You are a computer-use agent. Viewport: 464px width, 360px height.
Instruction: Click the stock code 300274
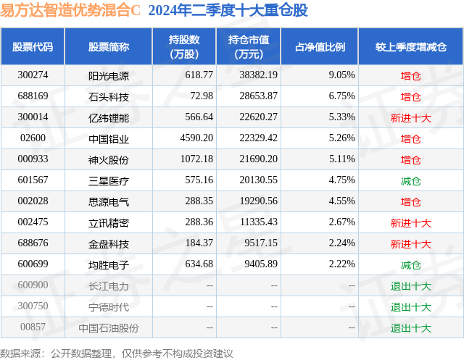point(33,75)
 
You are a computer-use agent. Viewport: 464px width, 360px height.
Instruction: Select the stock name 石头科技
point(109,97)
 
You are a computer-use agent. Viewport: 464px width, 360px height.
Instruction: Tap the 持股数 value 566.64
point(199,117)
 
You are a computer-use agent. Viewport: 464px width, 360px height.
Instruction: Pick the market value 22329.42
point(258,138)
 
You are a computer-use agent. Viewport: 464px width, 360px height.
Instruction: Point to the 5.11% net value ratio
point(341,159)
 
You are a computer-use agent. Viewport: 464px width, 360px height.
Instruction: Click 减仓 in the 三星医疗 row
point(411,181)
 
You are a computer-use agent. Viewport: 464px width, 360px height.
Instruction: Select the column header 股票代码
point(33,46)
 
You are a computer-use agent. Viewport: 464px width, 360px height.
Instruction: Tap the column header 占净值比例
point(320,46)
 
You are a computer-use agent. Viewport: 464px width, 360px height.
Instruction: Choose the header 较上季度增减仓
point(411,46)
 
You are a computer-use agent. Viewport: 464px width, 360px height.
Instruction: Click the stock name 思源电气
point(109,202)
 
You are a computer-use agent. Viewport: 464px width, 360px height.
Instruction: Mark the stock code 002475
point(33,222)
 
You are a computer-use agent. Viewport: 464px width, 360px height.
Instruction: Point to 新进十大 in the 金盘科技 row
point(411,244)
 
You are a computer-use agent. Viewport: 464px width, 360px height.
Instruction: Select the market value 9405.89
point(261,264)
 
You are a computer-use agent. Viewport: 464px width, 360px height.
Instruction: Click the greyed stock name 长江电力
point(109,286)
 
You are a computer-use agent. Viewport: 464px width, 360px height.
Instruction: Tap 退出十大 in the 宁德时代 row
point(411,307)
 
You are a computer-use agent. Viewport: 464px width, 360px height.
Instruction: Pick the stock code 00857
point(33,327)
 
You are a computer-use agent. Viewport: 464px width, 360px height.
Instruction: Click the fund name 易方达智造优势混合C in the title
point(70,10)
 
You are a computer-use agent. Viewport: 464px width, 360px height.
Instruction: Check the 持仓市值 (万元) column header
point(249,46)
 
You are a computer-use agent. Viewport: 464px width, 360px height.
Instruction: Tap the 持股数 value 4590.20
point(196,138)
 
